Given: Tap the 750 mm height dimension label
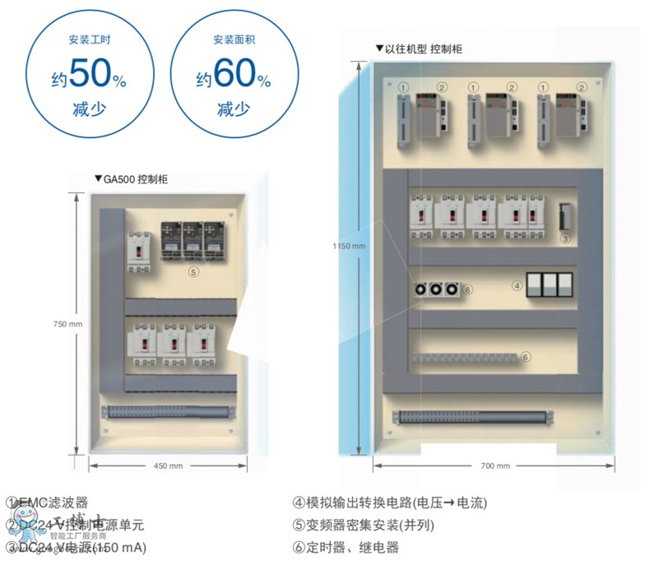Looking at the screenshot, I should (x=66, y=323).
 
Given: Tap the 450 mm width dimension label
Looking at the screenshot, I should (x=169, y=466).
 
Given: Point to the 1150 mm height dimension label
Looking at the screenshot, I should (x=349, y=245).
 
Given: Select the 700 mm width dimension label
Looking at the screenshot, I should (x=494, y=465).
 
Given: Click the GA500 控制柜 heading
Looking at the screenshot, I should (x=135, y=179).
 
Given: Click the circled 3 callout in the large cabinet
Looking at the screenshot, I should (x=565, y=239).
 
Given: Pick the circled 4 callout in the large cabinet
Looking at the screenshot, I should (x=517, y=286).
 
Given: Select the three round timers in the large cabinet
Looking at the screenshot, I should (x=436, y=289).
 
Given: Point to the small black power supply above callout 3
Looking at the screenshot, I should (x=565, y=217).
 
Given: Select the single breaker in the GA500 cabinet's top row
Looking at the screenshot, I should (x=139, y=252).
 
